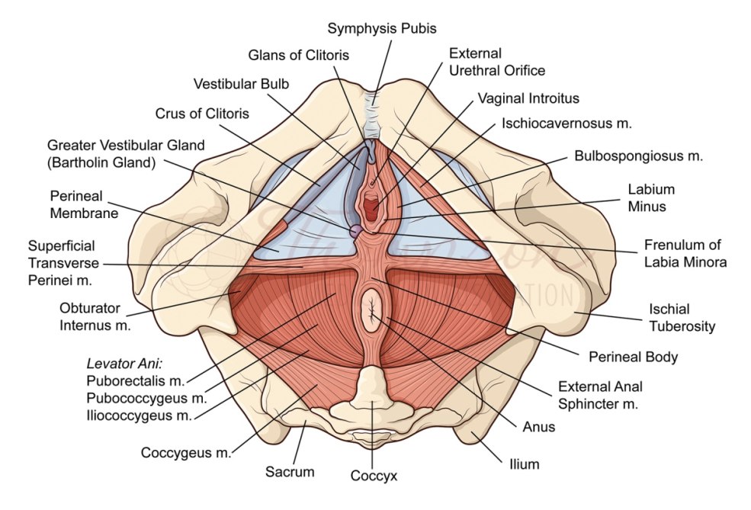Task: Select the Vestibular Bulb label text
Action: coord(241,84)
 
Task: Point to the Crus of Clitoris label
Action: coord(202,114)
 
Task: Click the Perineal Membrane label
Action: coord(84,204)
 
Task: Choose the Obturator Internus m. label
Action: coord(95,317)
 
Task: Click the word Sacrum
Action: coord(290,472)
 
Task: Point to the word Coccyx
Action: coord(374,476)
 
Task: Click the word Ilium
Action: coord(524,463)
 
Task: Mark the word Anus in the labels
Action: coord(538,427)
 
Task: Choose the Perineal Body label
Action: coord(633,356)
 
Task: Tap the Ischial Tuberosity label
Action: coord(682,318)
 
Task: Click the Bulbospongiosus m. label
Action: coord(638,156)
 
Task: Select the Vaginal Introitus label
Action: coord(528,98)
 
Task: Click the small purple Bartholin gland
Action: coord(355,229)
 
